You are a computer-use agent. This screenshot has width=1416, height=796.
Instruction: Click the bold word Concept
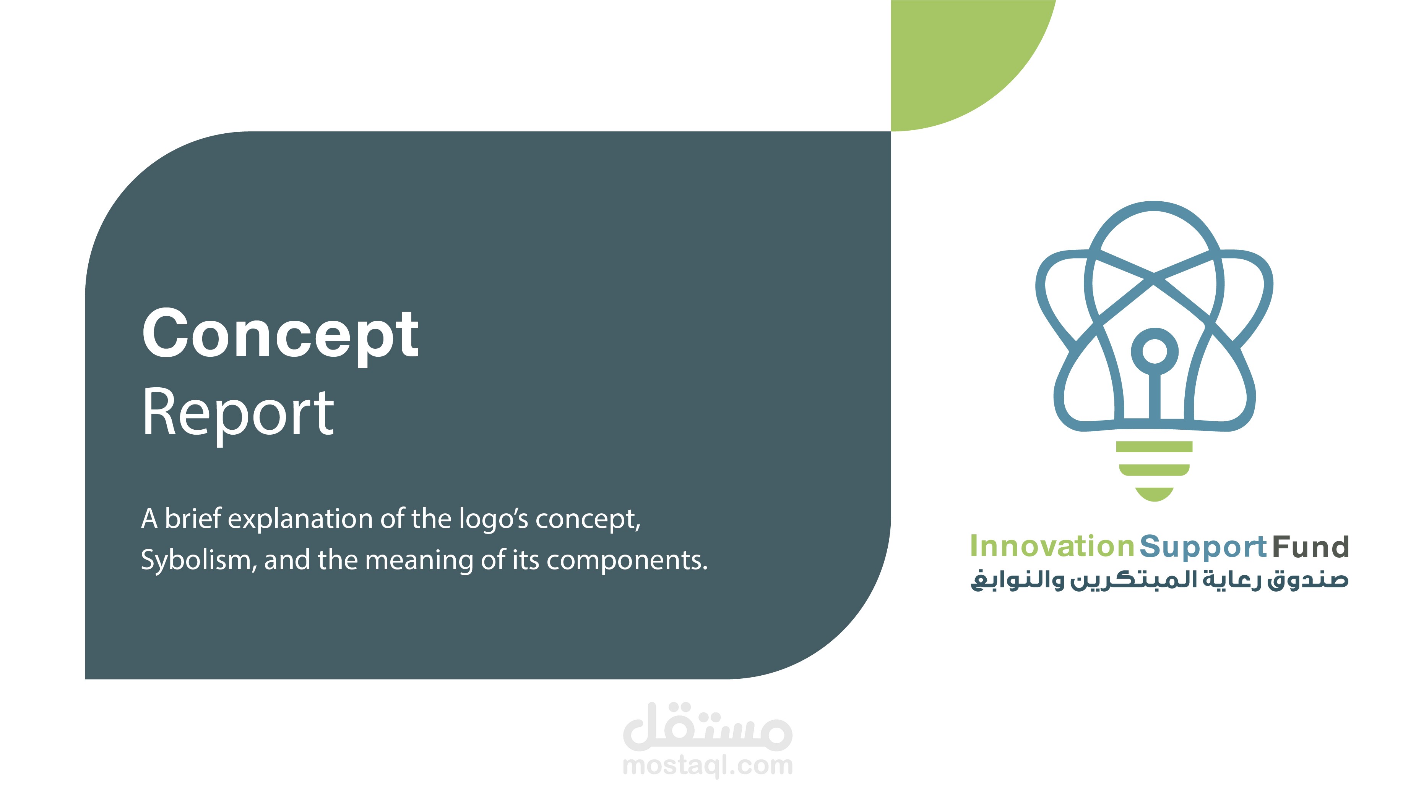point(280,334)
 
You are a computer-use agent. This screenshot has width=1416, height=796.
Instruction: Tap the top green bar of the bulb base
point(1155,447)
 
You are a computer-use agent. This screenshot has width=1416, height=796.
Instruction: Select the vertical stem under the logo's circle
point(1155,396)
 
